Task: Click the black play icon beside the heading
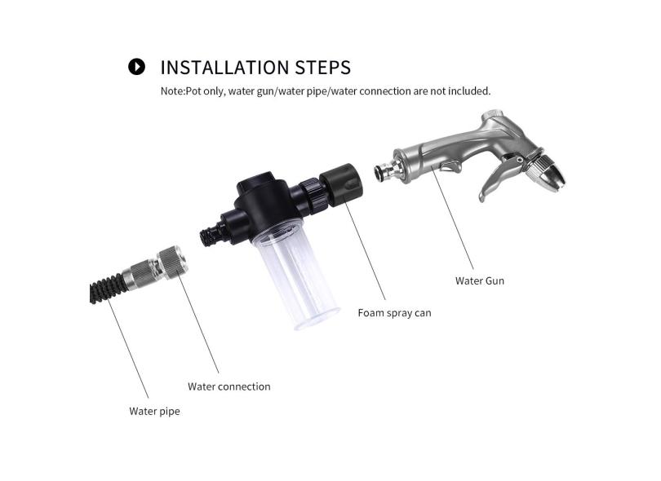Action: point(136,67)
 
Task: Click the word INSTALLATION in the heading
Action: point(224,68)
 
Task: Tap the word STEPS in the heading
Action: point(322,68)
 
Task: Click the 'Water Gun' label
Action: point(480,281)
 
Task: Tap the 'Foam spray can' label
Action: point(395,313)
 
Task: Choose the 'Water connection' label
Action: point(229,386)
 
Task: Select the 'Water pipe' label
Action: point(154,412)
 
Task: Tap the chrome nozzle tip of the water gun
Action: point(548,173)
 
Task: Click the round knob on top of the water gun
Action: point(491,115)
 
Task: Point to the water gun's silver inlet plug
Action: point(386,170)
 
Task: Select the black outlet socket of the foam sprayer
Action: point(341,185)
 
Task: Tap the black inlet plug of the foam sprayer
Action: point(213,234)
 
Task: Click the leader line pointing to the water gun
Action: point(452,217)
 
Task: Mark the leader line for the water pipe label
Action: point(128,347)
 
